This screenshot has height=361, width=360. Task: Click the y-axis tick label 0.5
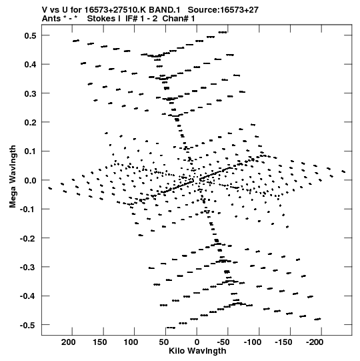30,35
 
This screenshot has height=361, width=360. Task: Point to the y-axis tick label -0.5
29,326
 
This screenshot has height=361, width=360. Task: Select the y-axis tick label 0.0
30,180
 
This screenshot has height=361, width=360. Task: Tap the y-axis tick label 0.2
30,123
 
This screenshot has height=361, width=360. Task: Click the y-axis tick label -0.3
29,268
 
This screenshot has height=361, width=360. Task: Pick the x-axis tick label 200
68,342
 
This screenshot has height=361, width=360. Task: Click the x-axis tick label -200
315,342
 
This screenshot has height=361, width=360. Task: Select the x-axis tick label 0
197,342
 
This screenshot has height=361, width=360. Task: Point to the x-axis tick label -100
253,342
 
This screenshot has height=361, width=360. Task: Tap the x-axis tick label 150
99,342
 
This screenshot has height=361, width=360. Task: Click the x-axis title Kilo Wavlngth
197,351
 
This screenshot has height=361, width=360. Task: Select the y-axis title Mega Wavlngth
13,177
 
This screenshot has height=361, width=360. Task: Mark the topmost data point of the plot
223,32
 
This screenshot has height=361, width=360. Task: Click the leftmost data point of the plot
50,188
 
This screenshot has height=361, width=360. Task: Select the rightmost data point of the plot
343,171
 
